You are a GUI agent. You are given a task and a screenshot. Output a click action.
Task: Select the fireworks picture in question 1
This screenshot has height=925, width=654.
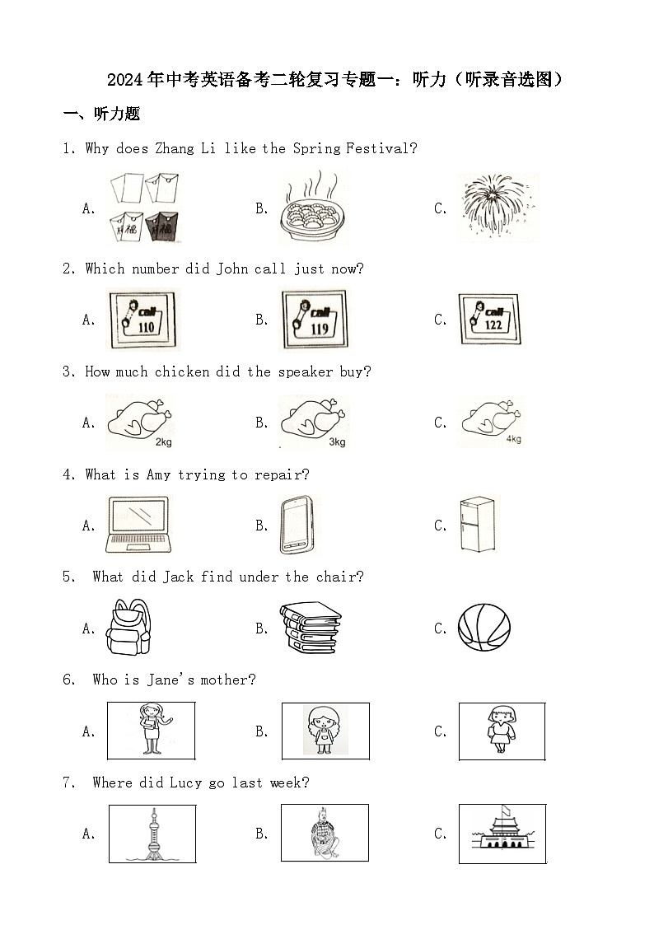tap(498, 207)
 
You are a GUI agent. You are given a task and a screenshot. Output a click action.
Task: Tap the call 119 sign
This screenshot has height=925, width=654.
tap(315, 319)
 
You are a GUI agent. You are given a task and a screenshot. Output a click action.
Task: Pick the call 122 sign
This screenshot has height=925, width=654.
tap(489, 319)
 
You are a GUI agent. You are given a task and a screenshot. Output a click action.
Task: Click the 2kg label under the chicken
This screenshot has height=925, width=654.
tap(163, 441)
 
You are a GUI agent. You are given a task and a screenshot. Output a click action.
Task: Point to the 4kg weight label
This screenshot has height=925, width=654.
tap(514, 439)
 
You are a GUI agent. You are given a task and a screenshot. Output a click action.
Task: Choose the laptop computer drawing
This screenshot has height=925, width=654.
tap(138, 525)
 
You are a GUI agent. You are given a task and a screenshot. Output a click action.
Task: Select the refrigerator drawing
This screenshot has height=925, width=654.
tap(477, 525)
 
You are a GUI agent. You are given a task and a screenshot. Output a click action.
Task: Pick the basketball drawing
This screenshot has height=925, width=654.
tap(484, 627)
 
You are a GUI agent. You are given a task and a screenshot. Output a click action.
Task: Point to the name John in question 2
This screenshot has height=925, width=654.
tap(232, 269)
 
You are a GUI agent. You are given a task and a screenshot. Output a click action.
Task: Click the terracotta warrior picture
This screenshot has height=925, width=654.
tap(325, 833)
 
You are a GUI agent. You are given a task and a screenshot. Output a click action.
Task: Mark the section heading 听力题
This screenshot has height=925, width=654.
tap(117, 114)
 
